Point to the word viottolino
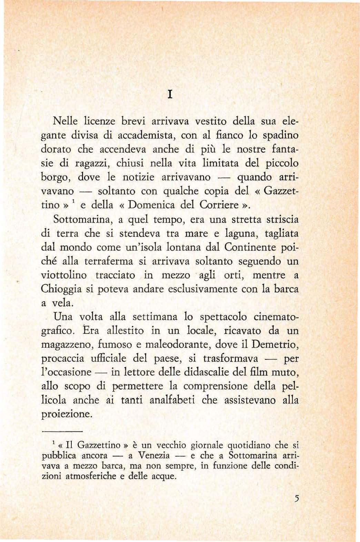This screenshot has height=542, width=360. [64, 275]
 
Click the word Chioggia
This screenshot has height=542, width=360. [61, 289]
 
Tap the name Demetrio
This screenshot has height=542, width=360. [275, 344]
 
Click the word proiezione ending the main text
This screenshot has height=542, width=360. [66, 414]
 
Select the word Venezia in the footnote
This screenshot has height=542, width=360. [154, 456]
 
